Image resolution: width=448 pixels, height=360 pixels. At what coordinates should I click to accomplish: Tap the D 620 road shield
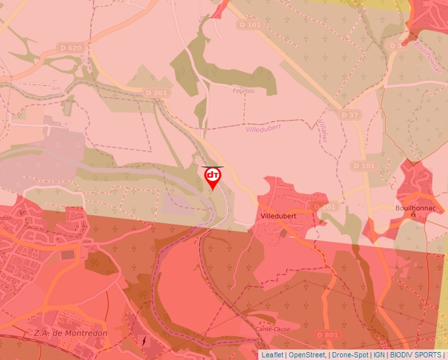(70, 47)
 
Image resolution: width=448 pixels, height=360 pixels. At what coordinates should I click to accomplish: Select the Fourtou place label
(243, 91)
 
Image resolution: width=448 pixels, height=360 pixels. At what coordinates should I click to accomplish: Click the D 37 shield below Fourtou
(350, 115)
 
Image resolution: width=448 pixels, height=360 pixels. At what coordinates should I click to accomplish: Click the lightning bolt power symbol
(145, 342)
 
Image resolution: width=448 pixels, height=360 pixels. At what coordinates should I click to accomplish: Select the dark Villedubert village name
(279, 216)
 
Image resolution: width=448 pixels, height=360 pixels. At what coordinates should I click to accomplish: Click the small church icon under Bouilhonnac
(413, 215)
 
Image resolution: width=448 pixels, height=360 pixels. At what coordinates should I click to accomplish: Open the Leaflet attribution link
(272, 355)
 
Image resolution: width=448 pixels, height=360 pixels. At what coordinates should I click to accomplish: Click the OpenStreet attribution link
(307, 355)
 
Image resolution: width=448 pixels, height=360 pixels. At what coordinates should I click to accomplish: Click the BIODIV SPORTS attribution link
(416, 355)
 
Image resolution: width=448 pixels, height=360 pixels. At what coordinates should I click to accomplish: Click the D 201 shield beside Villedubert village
(324, 207)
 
